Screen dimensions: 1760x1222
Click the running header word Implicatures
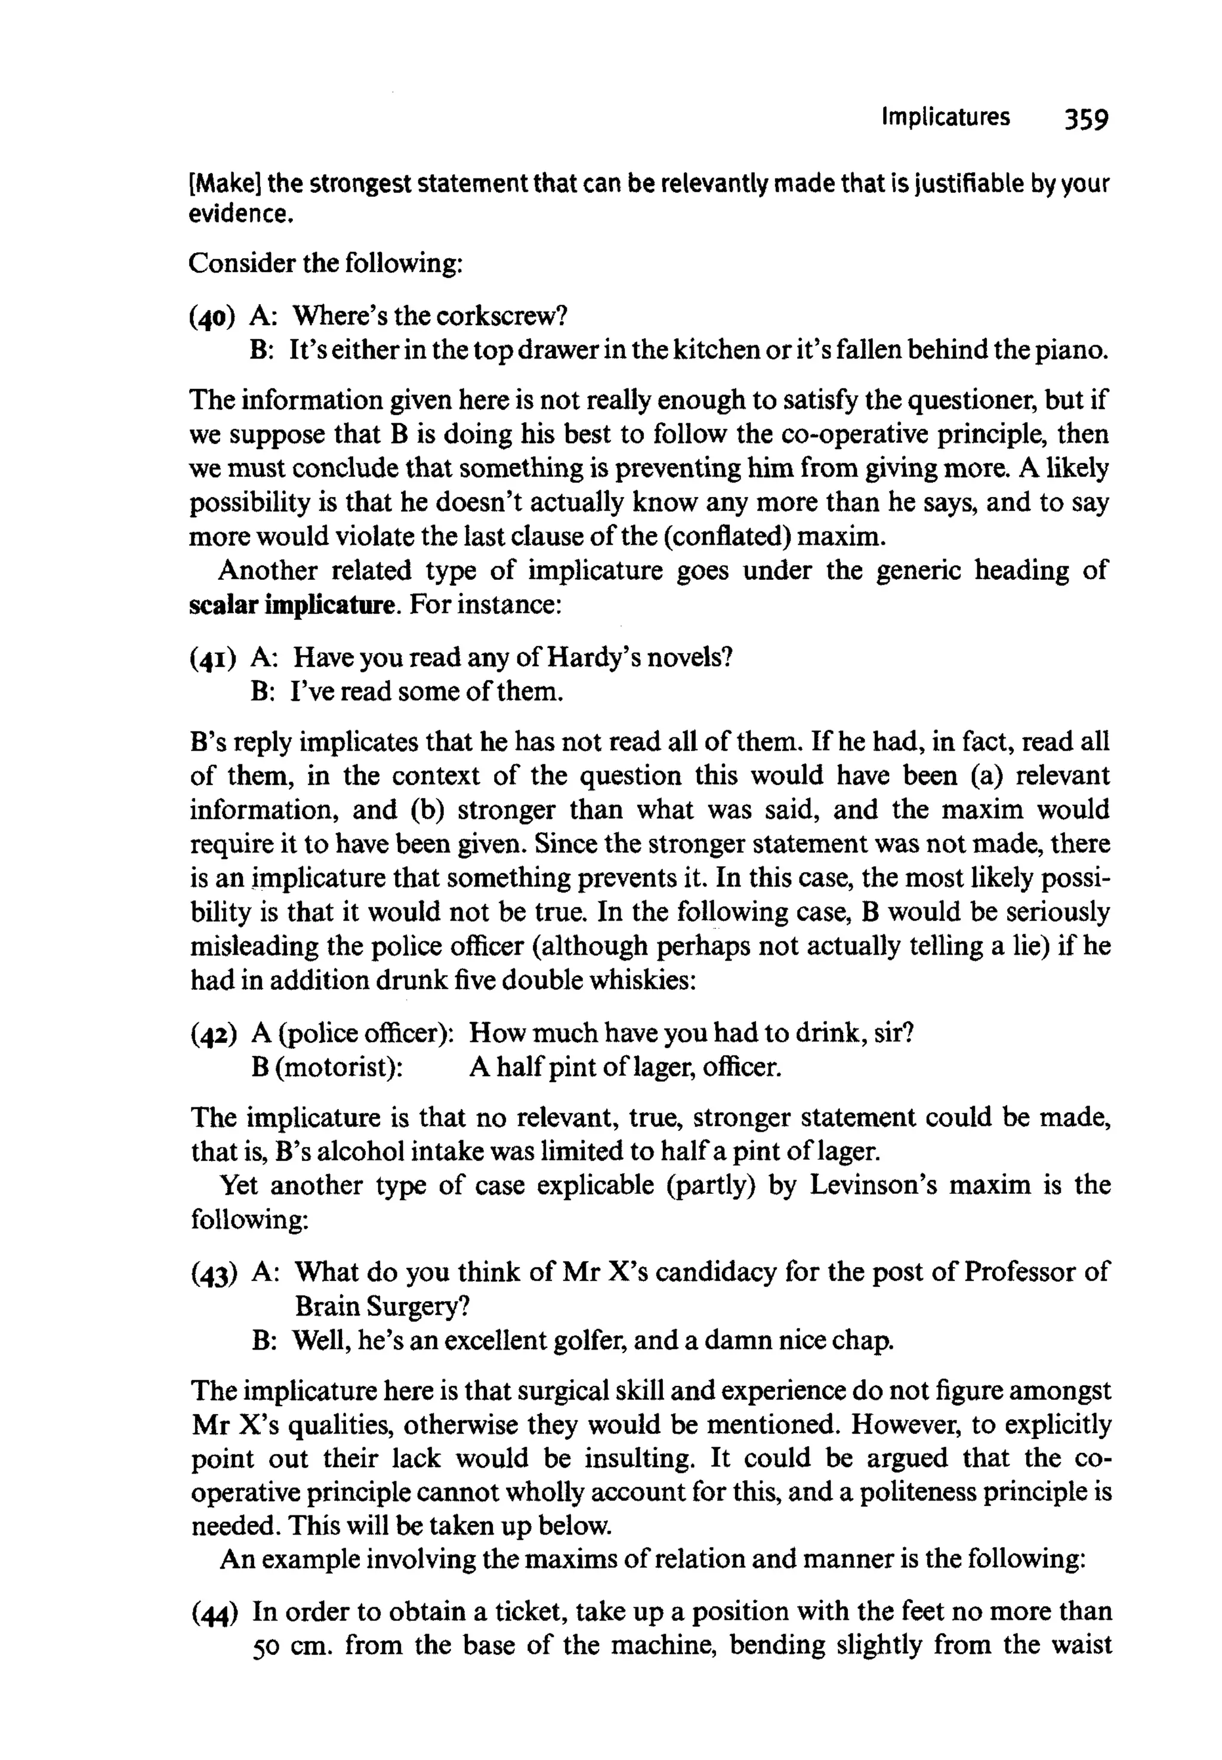(946, 117)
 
